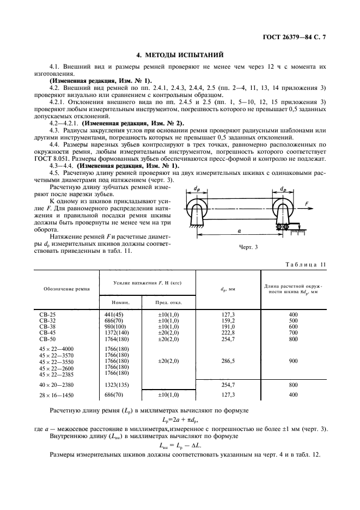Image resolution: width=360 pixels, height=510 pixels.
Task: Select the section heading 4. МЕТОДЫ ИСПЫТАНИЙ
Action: (180, 54)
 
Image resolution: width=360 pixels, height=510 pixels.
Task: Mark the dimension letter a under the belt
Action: (239, 231)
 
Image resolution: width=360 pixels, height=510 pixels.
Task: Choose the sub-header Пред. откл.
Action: (162, 302)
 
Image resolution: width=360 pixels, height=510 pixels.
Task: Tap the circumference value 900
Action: (294, 361)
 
